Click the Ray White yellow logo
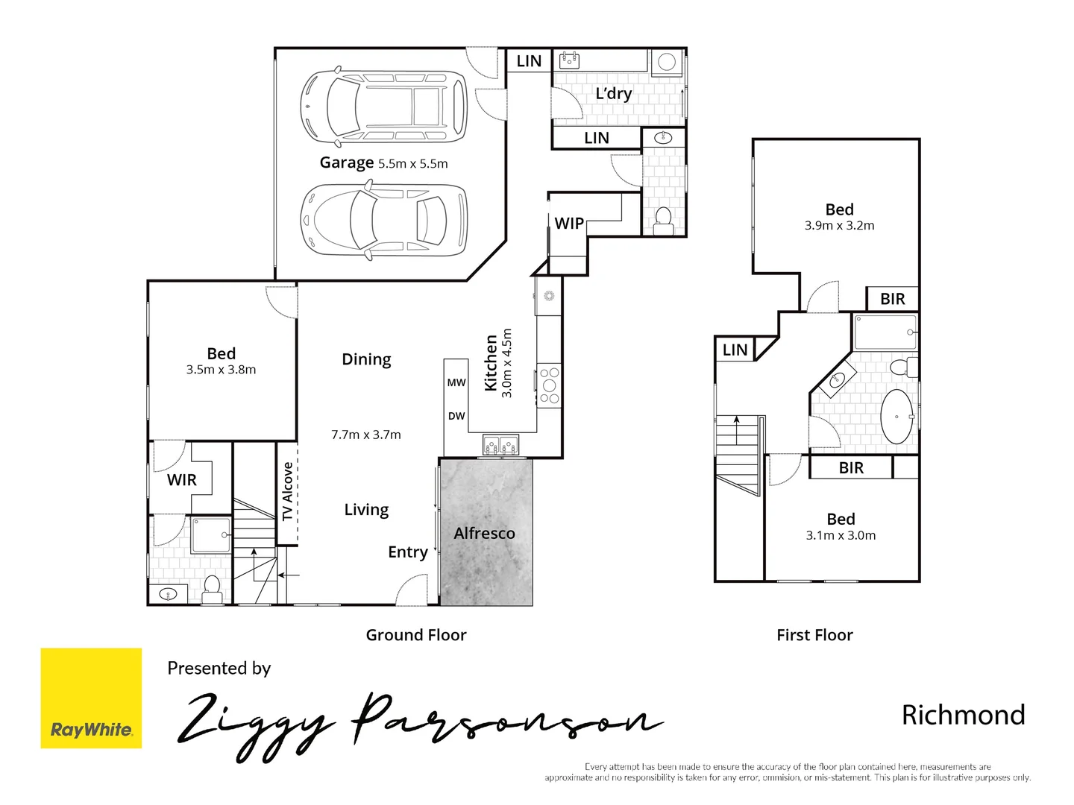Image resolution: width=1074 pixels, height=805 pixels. [x=91, y=698]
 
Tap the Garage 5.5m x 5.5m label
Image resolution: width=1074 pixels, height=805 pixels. [x=383, y=163]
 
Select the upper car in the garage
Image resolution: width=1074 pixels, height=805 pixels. [x=383, y=107]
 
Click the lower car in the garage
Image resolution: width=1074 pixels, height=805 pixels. [x=383, y=220]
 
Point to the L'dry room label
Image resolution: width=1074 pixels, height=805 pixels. [x=613, y=94]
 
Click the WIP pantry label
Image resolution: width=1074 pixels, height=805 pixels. [x=569, y=224]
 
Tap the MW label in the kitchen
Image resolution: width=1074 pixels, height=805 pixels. [x=456, y=382]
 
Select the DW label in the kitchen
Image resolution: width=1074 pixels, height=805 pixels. [x=456, y=416]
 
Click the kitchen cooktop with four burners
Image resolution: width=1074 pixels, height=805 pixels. [x=549, y=385]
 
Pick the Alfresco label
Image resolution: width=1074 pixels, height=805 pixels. [x=484, y=534]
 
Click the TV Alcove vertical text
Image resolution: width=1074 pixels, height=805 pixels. [x=288, y=491]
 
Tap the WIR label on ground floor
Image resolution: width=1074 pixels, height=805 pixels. [x=182, y=480]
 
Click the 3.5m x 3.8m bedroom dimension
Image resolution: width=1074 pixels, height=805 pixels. [x=221, y=370]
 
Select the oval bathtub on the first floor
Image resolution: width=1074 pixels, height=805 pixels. [x=896, y=417]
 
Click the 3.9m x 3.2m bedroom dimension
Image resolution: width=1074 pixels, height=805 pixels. [x=839, y=226]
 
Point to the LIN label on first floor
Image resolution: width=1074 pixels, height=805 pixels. [x=735, y=350]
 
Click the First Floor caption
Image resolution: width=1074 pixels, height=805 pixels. [x=814, y=635]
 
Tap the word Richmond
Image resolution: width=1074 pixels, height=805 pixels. [x=963, y=715]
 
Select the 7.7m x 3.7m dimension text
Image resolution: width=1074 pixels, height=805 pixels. [x=366, y=435]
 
